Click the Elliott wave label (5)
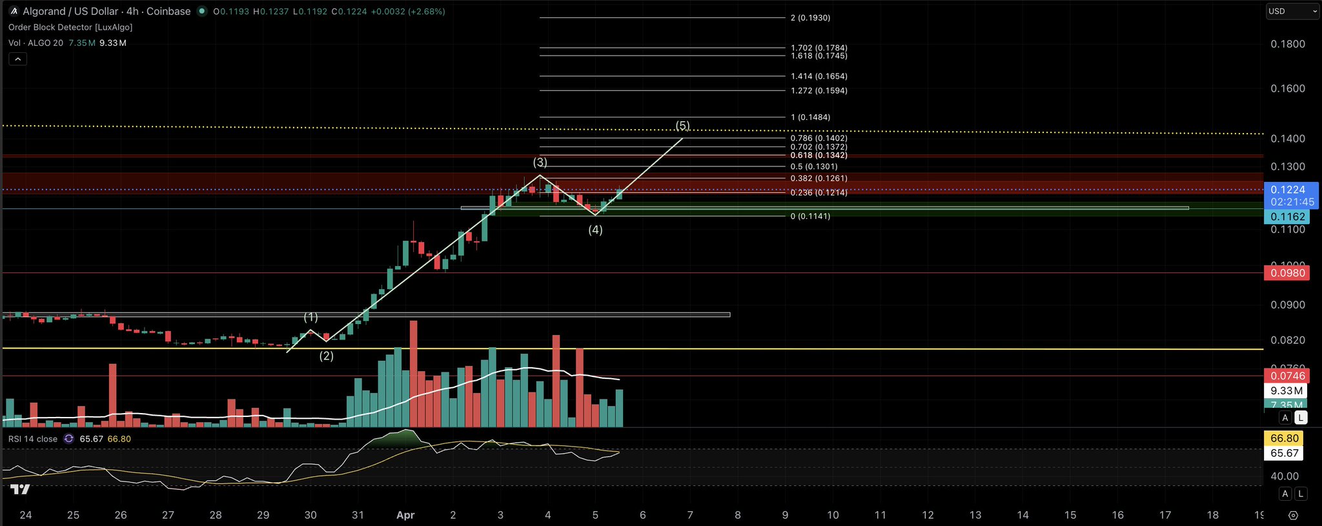pyautogui.click(x=682, y=125)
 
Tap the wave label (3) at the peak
pyautogui.click(x=540, y=162)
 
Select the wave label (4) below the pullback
pyautogui.click(x=595, y=230)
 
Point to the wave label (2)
pyautogui.click(x=327, y=356)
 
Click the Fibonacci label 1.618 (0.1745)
pyautogui.click(x=819, y=56)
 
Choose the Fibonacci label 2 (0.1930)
pyautogui.click(x=810, y=18)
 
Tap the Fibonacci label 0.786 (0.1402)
pyautogui.click(x=819, y=138)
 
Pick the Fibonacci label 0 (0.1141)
pyautogui.click(x=810, y=216)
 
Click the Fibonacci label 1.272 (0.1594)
pyautogui.click(x=819, y=91)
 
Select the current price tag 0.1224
pyautogui.click(x=1288, y=190)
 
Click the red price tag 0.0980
pyautogui.click(x=1288, y=273)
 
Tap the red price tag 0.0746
pyautogui.click(x=1288, y=376)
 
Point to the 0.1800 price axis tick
pyautogui.click(x=1288, y=44)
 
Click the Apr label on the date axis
pyautogui.click(x=405, y=515)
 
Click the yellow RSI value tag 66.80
pyautogui.click(x=1284, y=439)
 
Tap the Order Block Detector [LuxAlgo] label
pyautogui.click(x=70, y=27)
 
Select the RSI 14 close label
pyautogui.click(x=33, y=439)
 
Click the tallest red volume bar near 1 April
pyautogui.click(x=414, y=374)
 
